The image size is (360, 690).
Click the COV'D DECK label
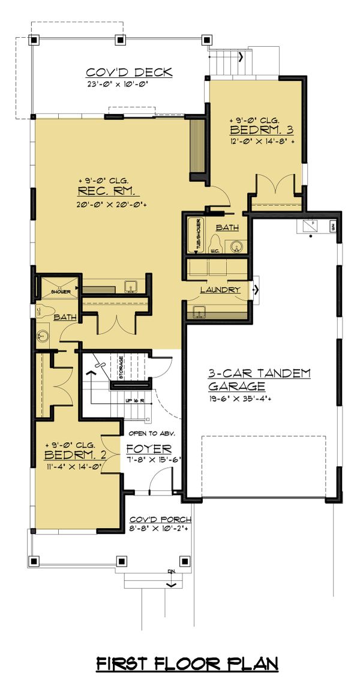click(x=129, y=73)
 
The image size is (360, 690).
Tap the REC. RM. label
click(x=108, y=191)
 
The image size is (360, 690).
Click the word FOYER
click(x=149, y=448)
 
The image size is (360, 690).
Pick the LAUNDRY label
click(x=220, y=290)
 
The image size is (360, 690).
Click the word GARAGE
click(x=237, y=386)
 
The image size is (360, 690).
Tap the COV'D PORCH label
click(x=160, y=520)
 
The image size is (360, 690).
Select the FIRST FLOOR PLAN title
click(x=188, y=664)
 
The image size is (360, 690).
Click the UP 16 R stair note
click(x=134, y=400)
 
